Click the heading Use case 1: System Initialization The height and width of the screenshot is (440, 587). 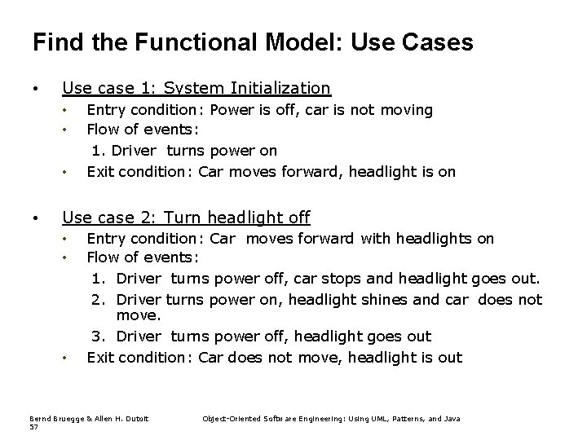point(196,88)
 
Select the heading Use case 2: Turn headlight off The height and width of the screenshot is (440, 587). point(186,218)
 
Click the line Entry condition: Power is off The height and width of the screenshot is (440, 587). point(259,109)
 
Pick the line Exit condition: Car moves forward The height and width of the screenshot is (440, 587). point(271,171)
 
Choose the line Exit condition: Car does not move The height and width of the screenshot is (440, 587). point(274,357)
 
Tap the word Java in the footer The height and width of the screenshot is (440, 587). point(451,418)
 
